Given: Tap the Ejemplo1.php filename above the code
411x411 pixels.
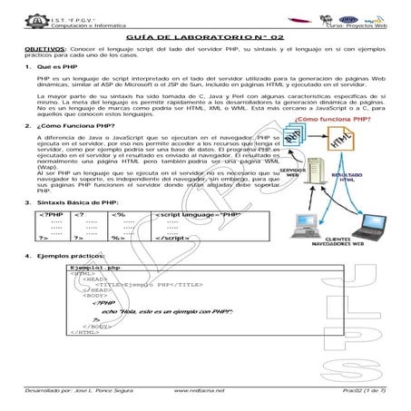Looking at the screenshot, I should point(95,269).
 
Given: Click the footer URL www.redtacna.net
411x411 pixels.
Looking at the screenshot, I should point(204,389).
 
